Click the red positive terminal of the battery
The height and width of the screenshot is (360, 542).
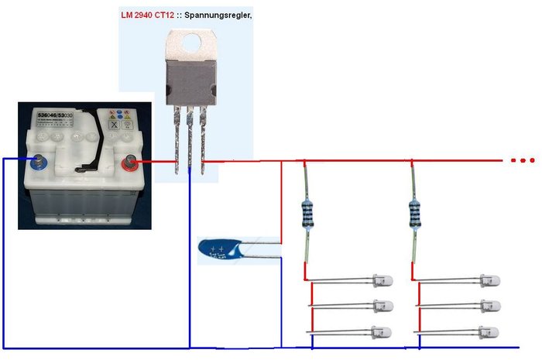pyautogui.click(x=128, y=162)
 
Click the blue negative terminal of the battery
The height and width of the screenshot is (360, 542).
pyautogui.click(x=36, y=162)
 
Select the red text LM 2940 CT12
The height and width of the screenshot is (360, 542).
pyautogui.click(x=152, y=15)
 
